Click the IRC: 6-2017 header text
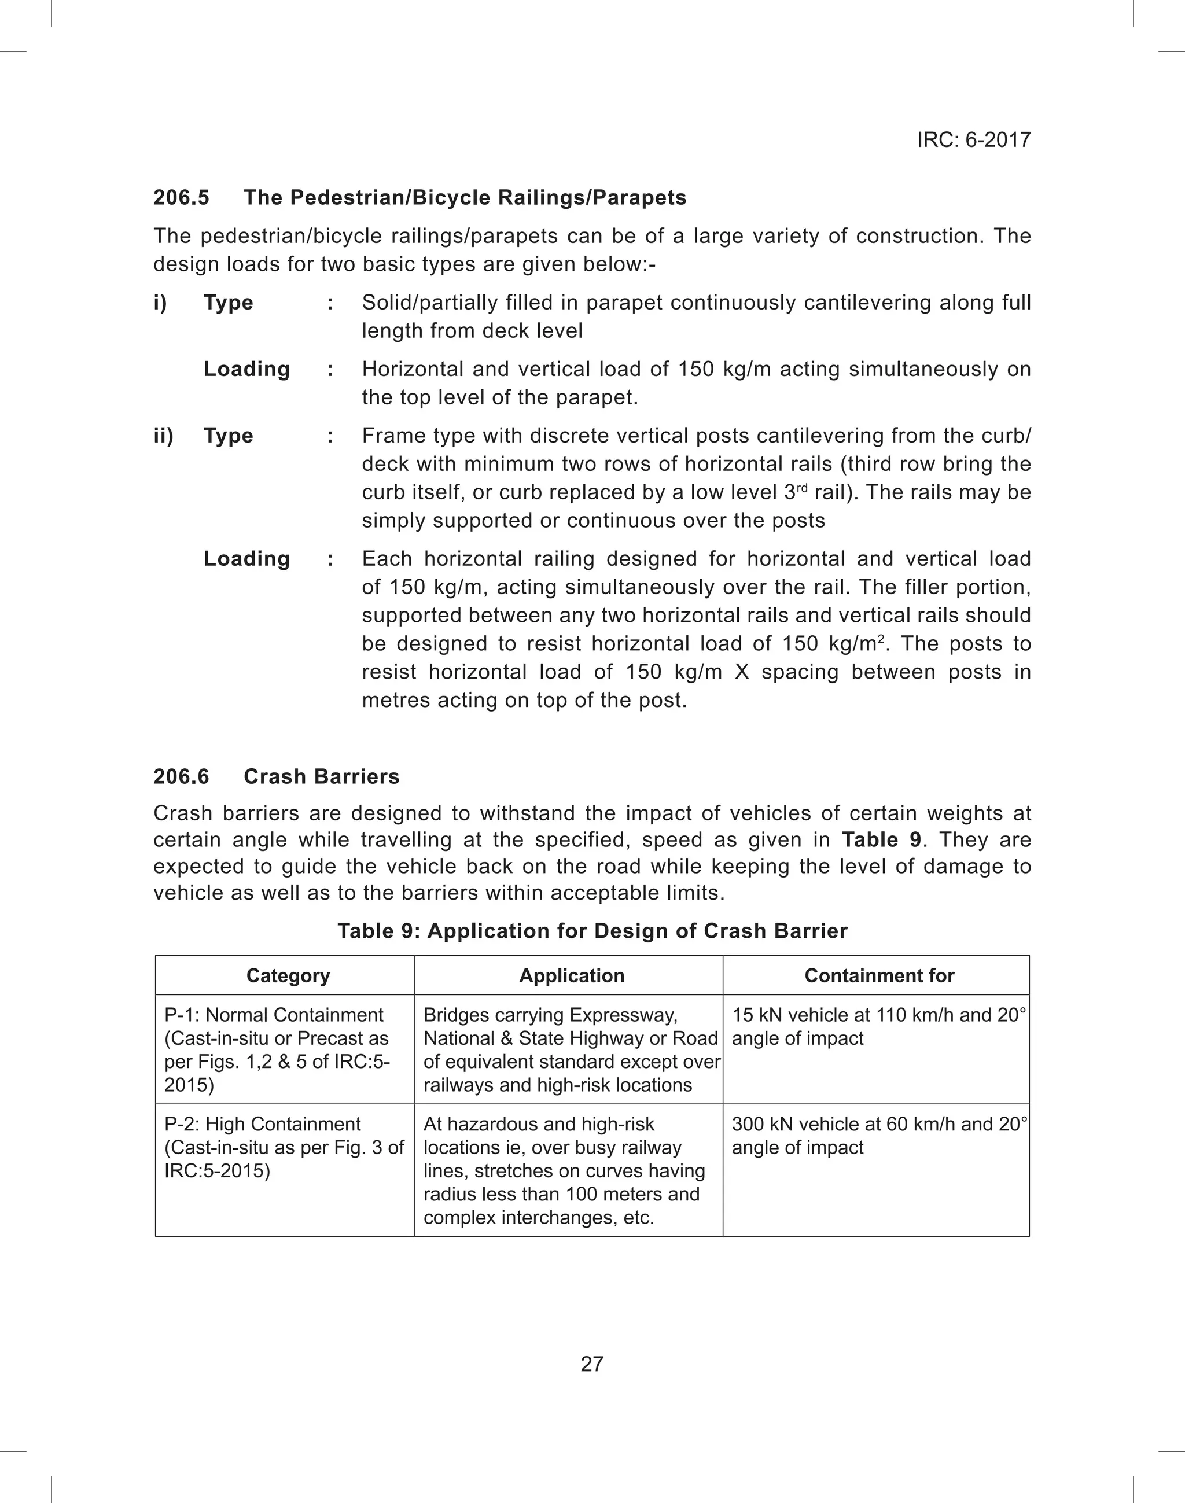coord(973,140)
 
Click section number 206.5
coord(181,198)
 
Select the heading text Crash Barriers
coord(321,776)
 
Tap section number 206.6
coord(181,776)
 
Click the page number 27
coord(592,1364)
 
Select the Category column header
coord(288,976)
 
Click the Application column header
coord(572,976)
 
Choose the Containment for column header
coord(879,976)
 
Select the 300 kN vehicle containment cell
coord(878,1136)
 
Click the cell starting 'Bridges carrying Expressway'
coord(571,1049)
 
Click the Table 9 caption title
coord(592,931)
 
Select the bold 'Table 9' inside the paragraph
coord(881,840)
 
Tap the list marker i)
coord(160,303)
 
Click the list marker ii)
coord(163,436)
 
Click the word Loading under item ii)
coord(246,559)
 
